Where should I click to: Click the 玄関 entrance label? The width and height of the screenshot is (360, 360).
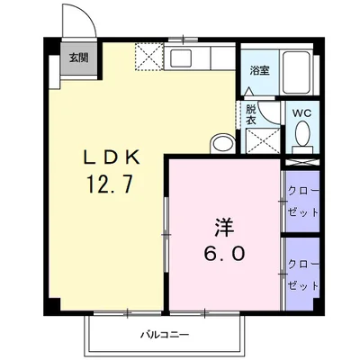tap(78, 59)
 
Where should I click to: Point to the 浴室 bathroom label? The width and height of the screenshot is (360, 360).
tap(259, 68)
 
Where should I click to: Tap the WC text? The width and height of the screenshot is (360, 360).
tap(302, 113)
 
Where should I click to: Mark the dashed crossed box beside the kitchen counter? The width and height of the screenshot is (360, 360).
tap(147, 57)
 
